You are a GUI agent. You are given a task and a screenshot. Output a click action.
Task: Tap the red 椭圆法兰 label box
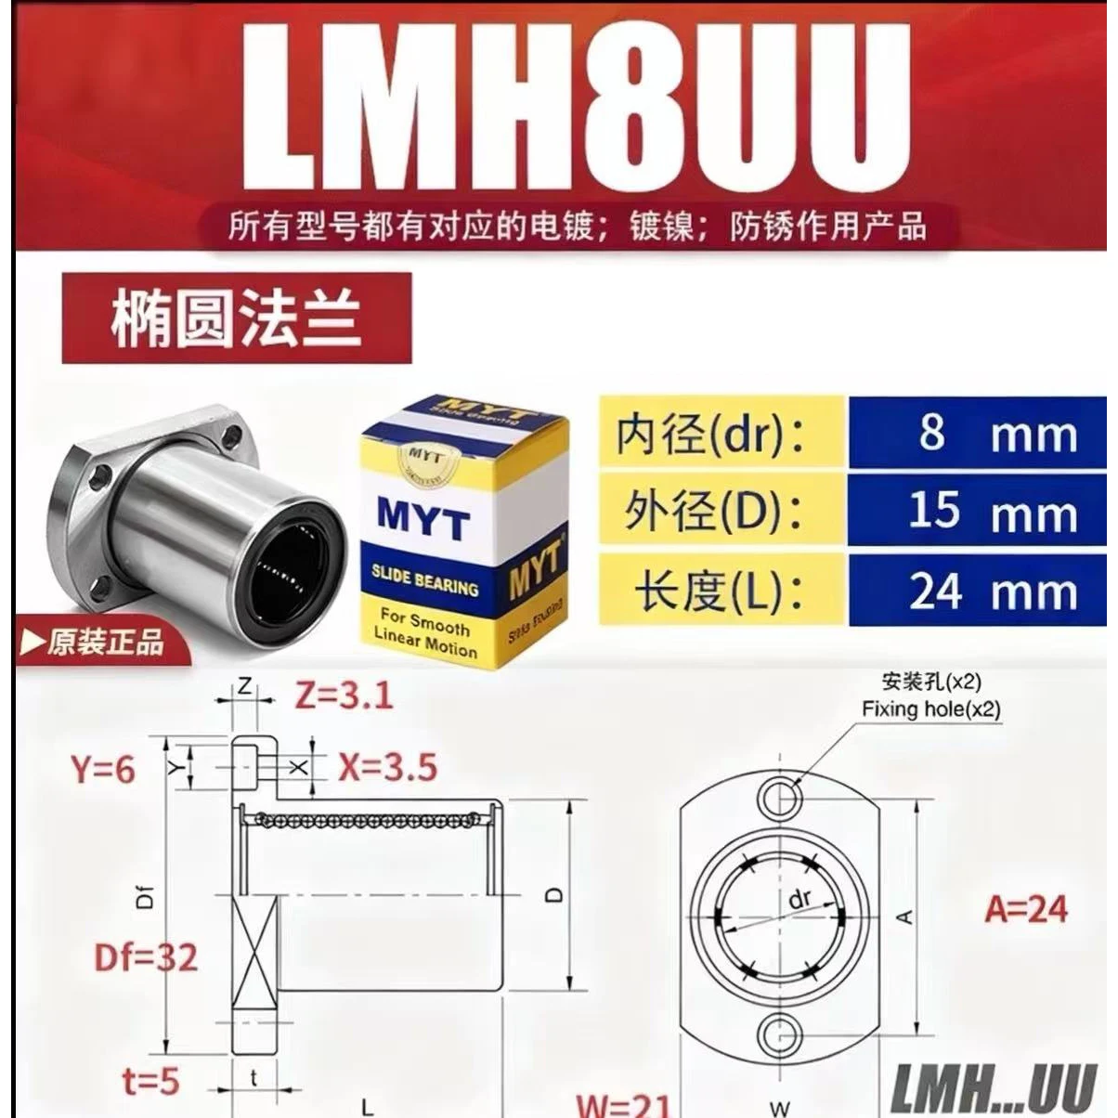237,318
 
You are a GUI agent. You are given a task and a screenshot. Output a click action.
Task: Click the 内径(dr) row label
711,434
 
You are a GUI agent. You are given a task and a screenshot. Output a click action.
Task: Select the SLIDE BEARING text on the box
425,580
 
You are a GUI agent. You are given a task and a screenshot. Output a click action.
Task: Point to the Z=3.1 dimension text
344,695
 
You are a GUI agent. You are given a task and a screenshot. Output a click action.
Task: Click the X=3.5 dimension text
387,768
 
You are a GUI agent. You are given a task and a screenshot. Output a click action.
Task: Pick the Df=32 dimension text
146,956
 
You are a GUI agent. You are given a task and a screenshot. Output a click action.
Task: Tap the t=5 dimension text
149,1081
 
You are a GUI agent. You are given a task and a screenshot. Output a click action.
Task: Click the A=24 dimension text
1027,909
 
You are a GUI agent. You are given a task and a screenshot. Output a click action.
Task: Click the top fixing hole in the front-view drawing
778,796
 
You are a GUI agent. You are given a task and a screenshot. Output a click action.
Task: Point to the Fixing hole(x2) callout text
930,710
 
